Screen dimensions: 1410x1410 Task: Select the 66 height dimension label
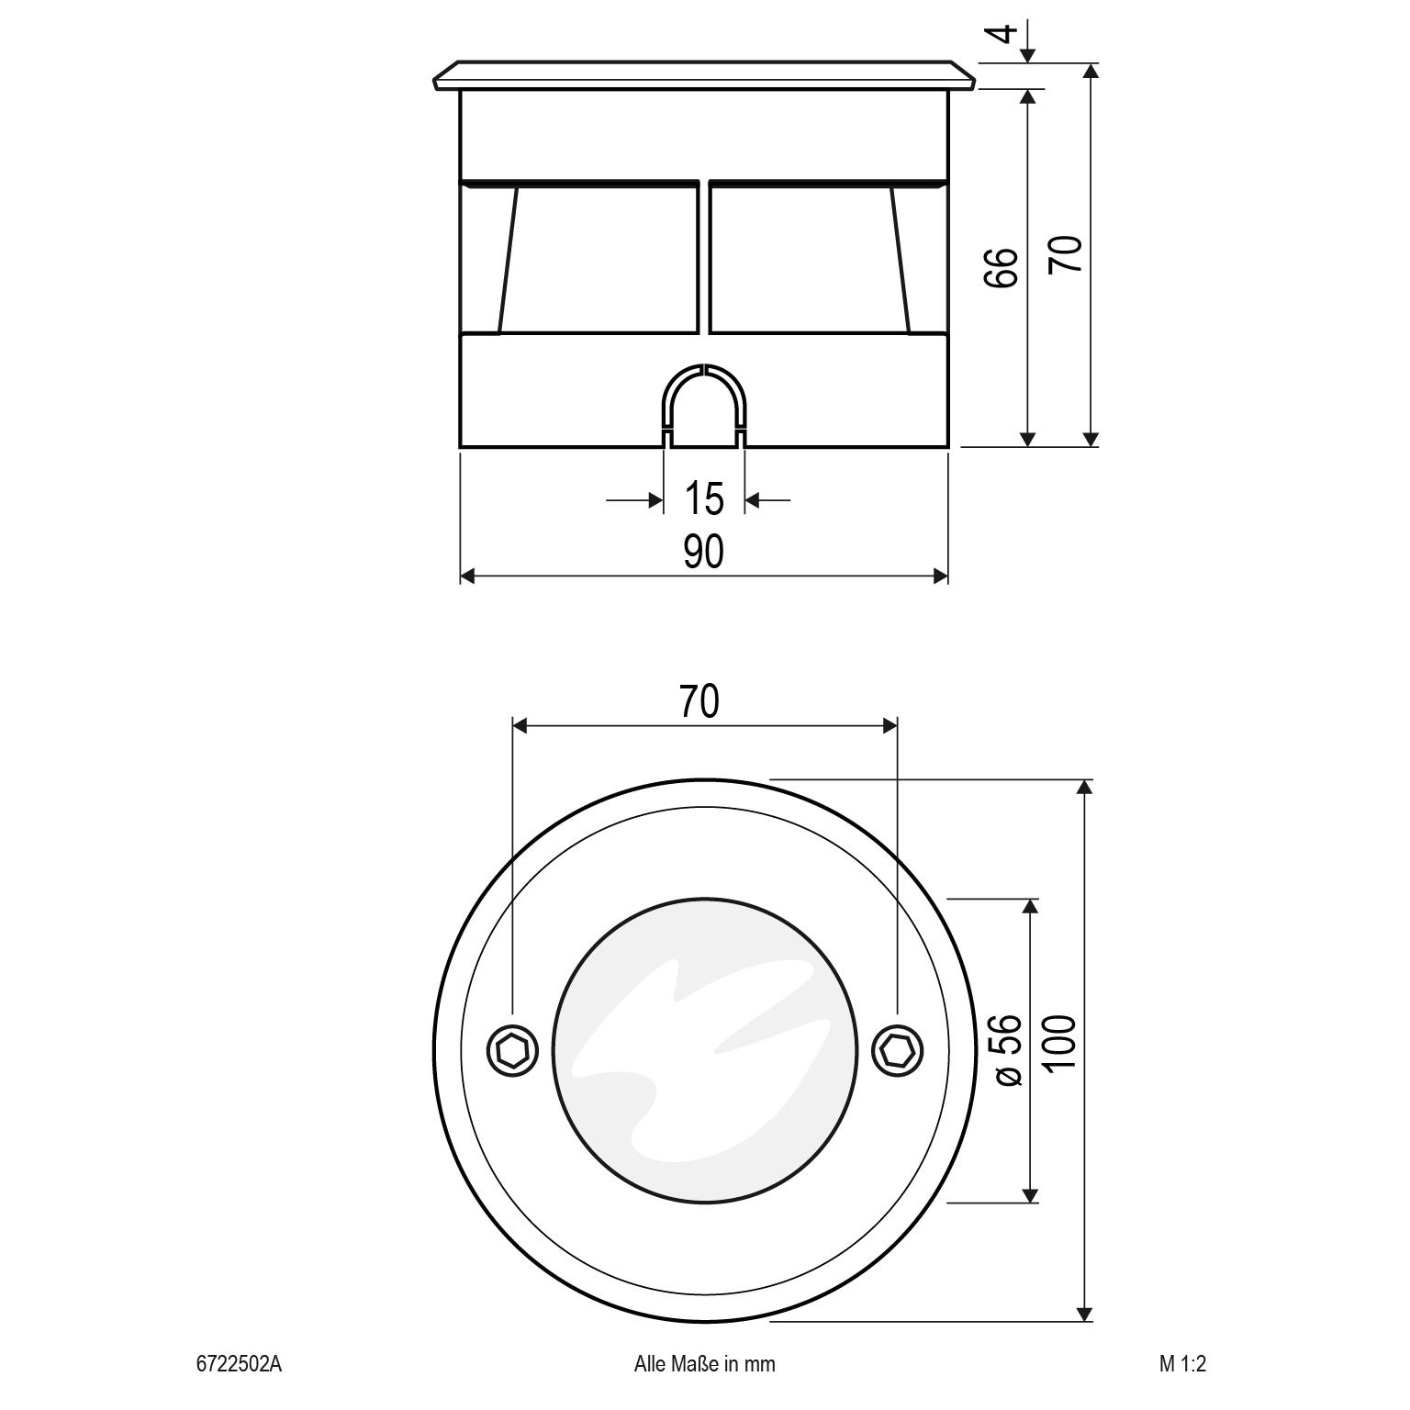point(1002,267)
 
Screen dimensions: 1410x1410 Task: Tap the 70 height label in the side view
point(1066,254)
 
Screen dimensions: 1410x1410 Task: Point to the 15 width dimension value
point(704,498)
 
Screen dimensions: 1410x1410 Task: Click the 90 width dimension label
point(703,552)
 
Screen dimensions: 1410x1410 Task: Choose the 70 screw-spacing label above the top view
point(699,701)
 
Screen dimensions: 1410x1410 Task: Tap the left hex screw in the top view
point(512,1050)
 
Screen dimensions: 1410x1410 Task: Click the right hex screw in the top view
point(896,1050)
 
